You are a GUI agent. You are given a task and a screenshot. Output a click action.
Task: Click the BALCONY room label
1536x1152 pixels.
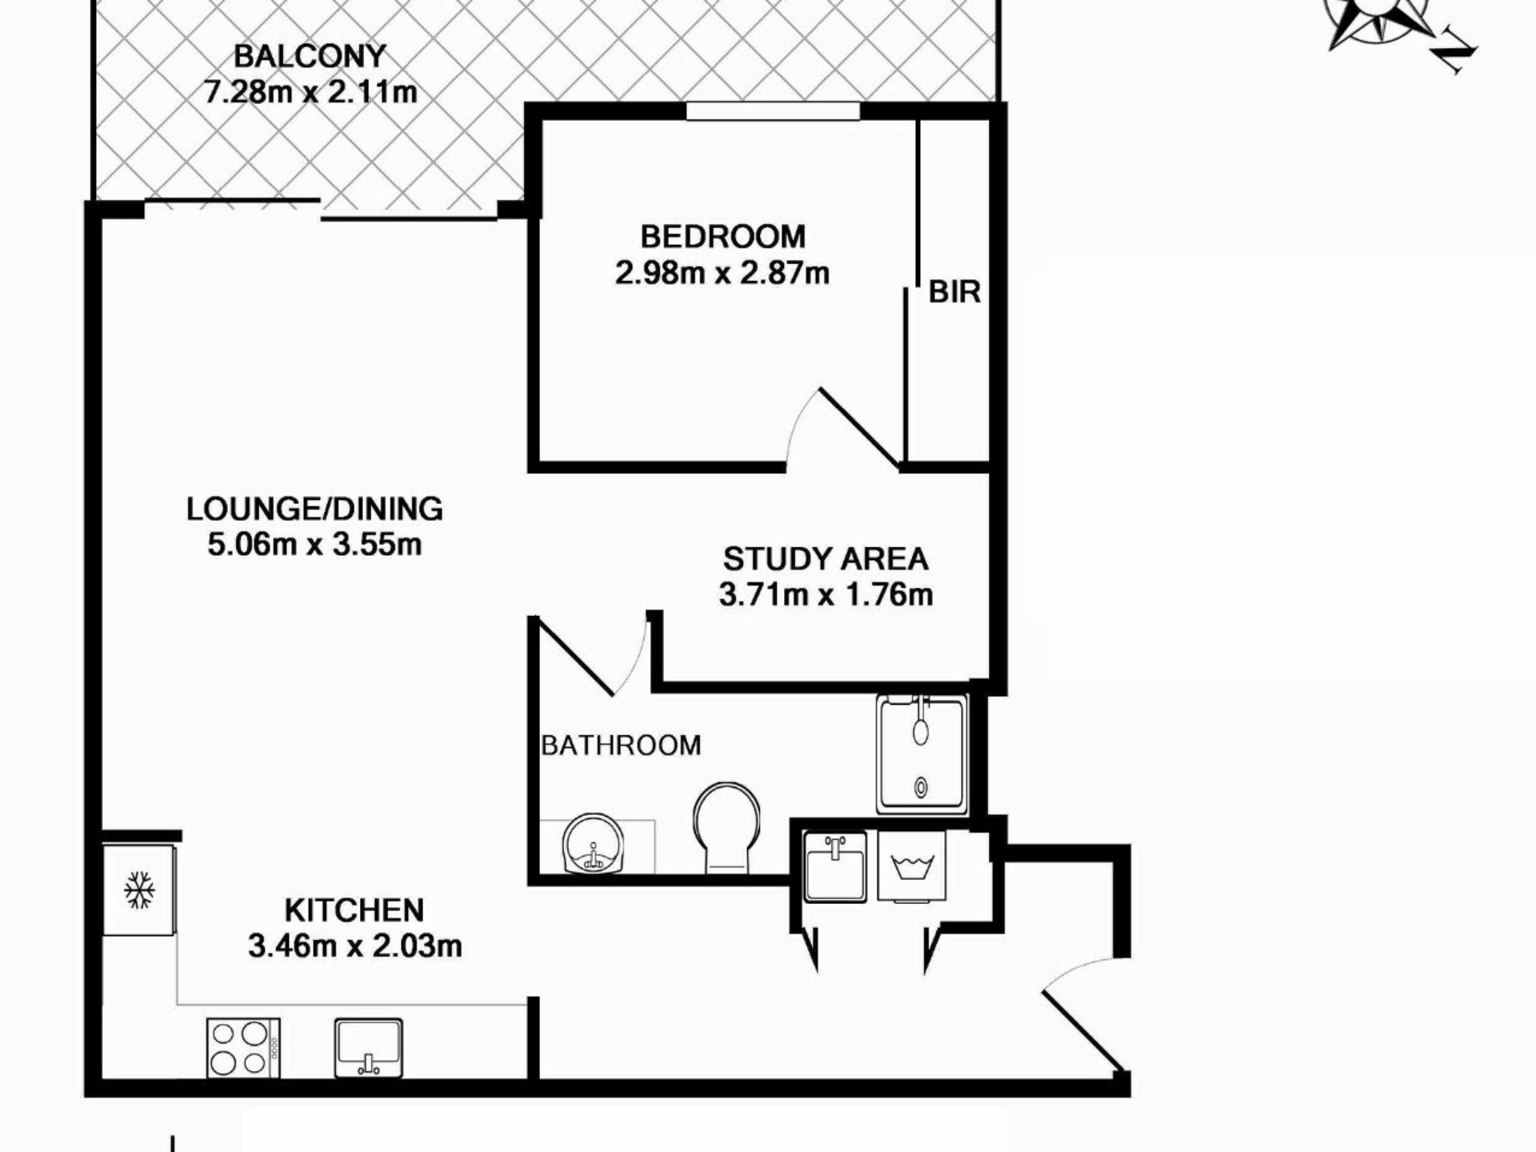tap(310, 57)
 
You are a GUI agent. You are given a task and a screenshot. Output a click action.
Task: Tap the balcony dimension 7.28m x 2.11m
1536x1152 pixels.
tap(310, 92)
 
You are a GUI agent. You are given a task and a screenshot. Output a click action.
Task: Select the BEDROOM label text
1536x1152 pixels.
tap(723, 237)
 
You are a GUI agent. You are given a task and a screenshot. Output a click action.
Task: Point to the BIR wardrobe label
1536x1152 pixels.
tap(954, 292)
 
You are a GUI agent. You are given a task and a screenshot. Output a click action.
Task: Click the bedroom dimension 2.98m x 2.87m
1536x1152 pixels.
tap(722, 274)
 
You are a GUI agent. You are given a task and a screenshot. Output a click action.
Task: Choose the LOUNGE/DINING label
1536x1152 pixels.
tap(314, 509)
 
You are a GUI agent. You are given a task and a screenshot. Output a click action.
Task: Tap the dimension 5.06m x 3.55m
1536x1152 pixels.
tap(314, 545)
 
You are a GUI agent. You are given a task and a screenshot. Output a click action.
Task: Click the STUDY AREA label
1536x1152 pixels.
tap(826, 559)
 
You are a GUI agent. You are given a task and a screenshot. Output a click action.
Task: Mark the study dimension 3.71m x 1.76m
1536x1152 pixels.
tap(826, 595)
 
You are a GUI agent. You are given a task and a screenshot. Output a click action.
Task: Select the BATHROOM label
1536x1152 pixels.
tap(621, 746)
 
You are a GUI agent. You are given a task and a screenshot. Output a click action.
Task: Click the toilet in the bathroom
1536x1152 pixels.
tap(726, 827)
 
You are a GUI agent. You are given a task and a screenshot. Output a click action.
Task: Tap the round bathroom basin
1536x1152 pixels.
tap(593, 844)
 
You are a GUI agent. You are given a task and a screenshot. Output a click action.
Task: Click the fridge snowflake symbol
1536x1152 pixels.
tap(139, 890)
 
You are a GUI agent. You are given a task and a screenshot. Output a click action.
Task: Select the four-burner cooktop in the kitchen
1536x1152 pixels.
tap(243, 1047)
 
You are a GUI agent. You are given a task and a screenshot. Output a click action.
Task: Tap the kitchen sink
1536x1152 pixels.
tap(369, 1048)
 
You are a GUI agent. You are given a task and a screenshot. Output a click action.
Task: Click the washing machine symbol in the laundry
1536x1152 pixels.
tap(911, 866)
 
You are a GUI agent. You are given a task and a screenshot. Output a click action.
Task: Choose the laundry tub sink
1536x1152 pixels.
tap(835, 866)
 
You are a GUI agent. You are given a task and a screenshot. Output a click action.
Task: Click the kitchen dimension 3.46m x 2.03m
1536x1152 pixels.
tap(354, 946)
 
